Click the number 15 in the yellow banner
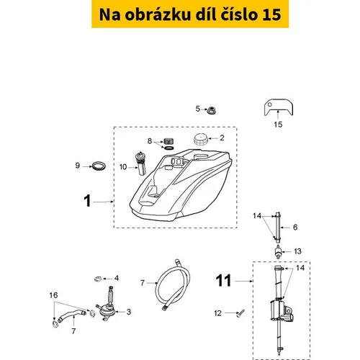click(x=271, y=14)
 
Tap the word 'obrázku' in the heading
click(x=158, y=14)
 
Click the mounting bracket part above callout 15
click(x=279, y=107)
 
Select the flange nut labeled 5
click(x=212, y=110)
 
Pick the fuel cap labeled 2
click(x=200, y=140)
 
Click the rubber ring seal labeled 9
click(x=99, y=166)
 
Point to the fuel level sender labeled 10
click(x=140, y=163)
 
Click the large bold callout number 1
click(x=87, y=201)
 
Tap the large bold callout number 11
click(x=223, y=280)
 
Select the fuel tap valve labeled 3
click(x=106, y=305)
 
